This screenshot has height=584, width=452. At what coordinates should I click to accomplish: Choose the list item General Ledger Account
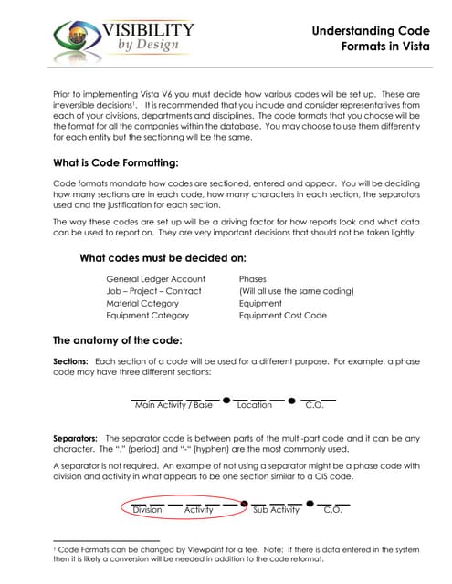point(155,278)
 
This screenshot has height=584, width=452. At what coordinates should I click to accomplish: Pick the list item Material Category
point(142,303)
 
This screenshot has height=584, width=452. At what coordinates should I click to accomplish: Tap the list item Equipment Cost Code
point(282,316)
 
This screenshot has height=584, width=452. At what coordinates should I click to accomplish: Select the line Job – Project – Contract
point(153,291)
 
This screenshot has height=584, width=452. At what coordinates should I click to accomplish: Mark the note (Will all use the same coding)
point(296,291)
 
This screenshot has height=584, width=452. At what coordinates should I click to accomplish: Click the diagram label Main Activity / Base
point(173,405)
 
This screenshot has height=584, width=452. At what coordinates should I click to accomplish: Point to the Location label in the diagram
point(254,405)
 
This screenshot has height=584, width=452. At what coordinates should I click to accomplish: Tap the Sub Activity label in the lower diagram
point(276,510)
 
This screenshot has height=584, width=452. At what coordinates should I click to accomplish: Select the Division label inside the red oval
point(147,510)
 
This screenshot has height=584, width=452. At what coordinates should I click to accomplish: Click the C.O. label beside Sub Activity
point(333,510)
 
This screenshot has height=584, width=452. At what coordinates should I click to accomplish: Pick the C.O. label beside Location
point(314,405)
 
